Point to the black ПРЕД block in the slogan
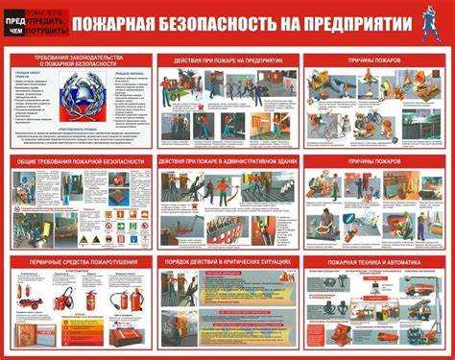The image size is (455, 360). coord(14,21)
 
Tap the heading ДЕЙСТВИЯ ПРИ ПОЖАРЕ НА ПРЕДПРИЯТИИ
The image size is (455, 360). coord(227,60)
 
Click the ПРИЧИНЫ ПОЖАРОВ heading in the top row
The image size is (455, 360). coord(375,60)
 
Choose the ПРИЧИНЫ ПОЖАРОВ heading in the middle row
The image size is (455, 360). coord(375,162)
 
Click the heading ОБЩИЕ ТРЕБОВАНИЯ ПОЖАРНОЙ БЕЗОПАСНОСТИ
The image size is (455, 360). coord(80,162)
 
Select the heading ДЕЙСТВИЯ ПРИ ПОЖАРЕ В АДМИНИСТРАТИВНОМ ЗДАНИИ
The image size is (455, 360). coord(227,162)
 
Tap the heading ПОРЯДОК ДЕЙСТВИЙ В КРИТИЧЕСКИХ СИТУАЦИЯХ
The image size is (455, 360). coord(227,261)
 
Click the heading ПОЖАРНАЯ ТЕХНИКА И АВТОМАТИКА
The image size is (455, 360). coord(375,261)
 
